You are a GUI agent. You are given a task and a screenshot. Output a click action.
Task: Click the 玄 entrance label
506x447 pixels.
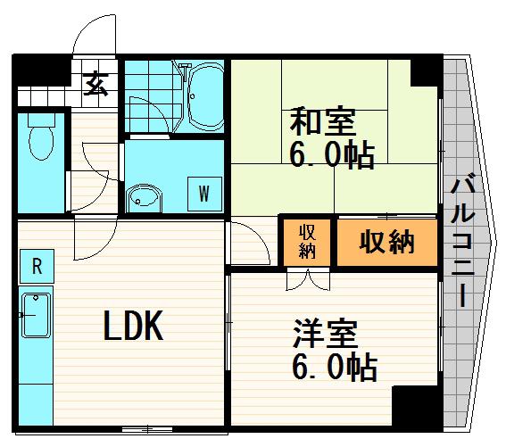95,83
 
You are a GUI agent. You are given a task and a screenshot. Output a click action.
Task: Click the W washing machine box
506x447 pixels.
205,194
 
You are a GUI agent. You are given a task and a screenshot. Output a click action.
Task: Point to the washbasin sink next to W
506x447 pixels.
144,198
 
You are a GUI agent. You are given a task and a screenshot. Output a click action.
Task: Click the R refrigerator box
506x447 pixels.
37,266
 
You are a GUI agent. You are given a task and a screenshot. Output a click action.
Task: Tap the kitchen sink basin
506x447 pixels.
36,315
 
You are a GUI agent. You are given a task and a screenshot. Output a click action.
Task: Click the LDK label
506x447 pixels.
133,326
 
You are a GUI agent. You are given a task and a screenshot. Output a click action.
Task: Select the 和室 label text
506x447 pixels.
323,122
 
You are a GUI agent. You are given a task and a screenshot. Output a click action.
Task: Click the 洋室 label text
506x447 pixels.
325,334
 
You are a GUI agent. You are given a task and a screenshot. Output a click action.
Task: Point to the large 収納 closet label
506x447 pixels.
386,242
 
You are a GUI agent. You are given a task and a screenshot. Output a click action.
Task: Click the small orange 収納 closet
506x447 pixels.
307,243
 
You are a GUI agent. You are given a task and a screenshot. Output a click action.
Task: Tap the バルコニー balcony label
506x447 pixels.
463,239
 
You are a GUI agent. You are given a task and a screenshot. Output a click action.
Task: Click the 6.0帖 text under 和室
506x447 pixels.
332,156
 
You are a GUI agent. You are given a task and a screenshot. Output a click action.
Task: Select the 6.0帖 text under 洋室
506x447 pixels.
335,368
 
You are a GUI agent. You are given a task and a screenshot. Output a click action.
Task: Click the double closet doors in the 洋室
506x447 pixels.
308,279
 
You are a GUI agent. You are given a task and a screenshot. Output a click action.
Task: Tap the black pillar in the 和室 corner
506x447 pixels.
425,72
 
